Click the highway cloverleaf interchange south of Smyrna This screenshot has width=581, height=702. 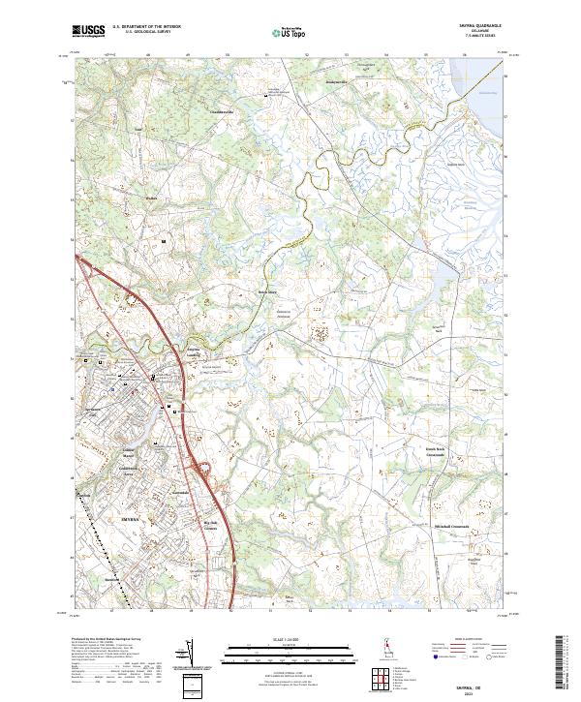click(x=206, y=472)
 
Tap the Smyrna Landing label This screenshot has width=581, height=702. click(x=197, y=353)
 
